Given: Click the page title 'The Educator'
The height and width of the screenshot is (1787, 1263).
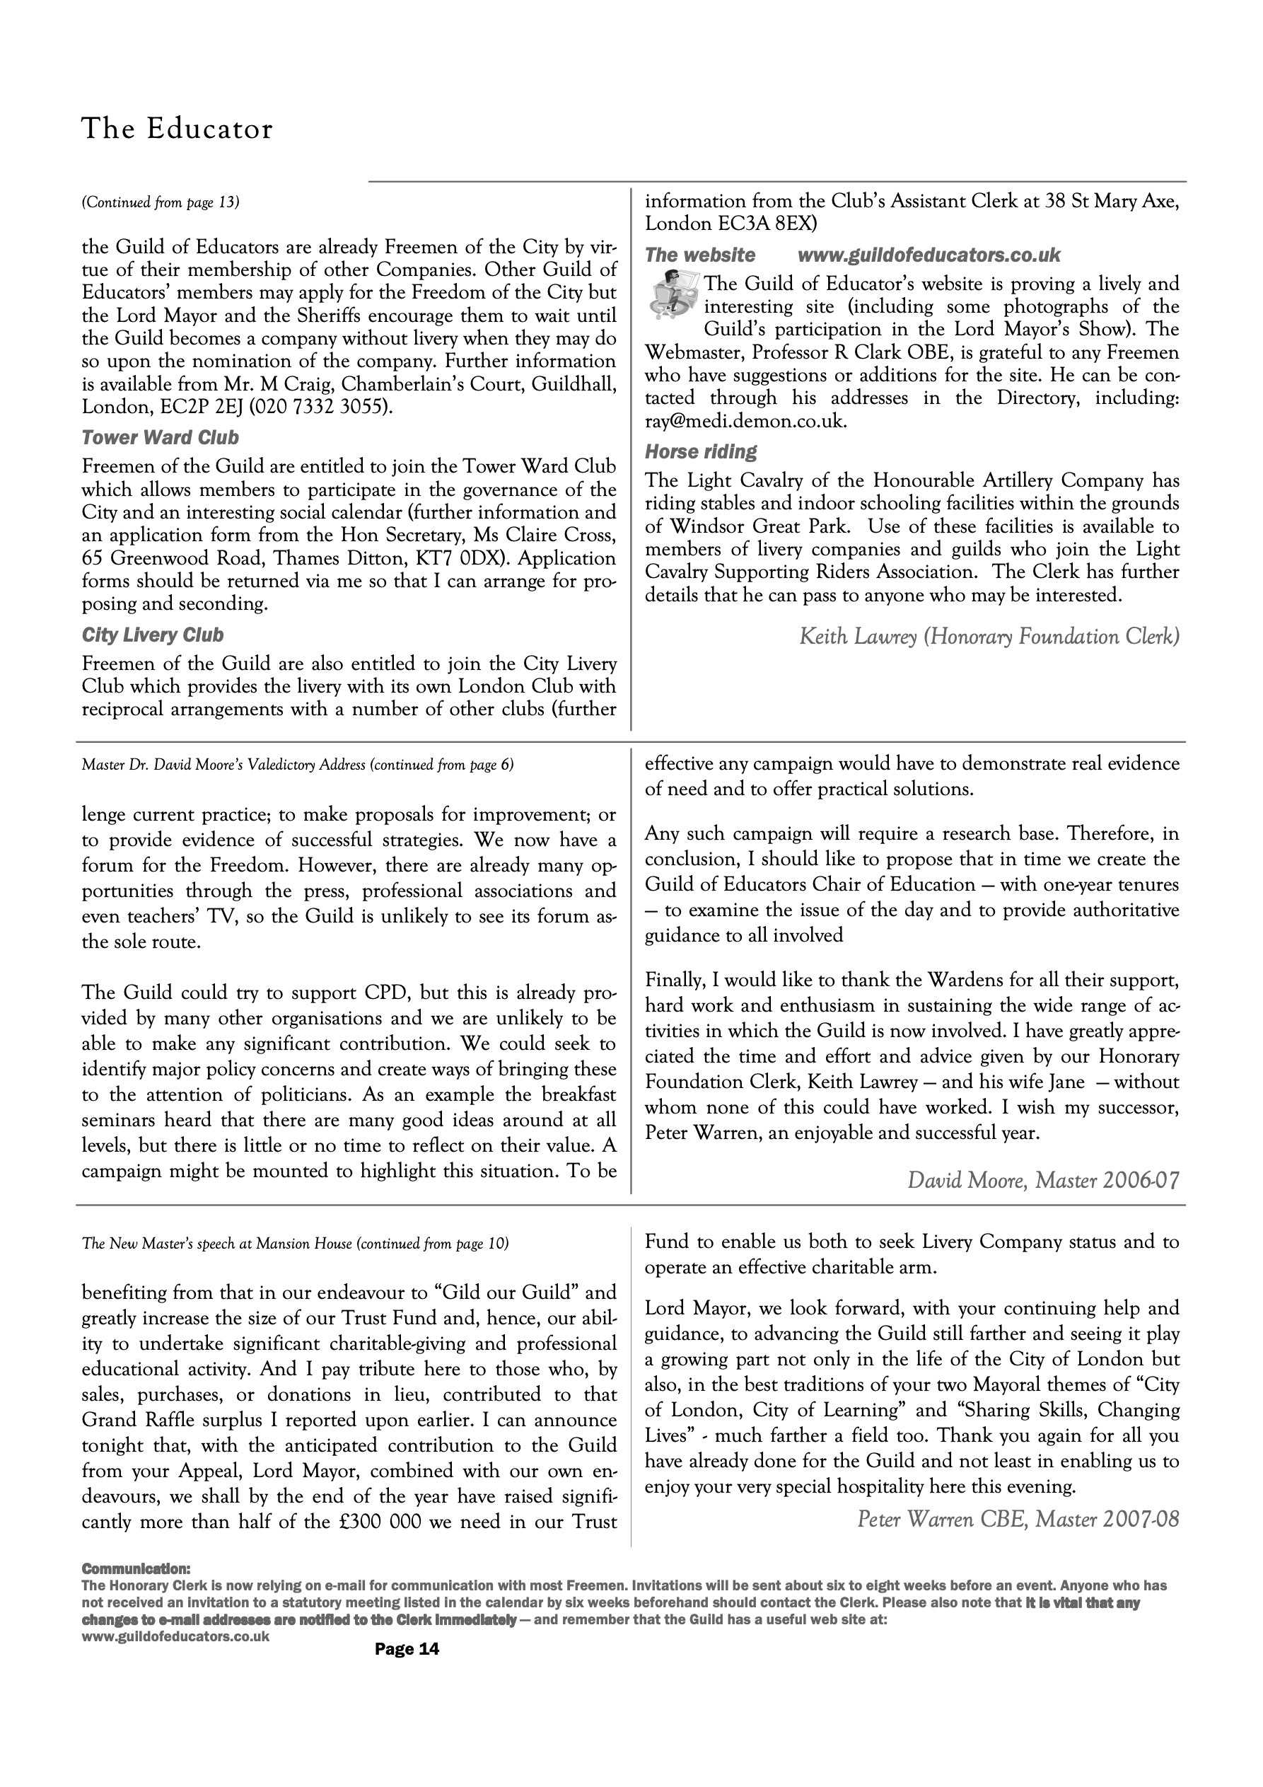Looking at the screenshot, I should coord(177,129).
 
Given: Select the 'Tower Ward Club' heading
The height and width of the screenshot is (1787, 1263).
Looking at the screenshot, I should coord(161,437).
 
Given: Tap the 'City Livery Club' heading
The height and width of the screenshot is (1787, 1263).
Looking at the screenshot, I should coord(153,635).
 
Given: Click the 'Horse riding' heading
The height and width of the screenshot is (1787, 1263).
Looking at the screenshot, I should coord(700,451).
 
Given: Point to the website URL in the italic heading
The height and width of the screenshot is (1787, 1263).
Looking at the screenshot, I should coord(929,255).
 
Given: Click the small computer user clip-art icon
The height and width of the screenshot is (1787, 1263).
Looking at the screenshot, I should coord(673,294).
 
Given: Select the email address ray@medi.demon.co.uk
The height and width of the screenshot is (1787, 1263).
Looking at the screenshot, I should coord(745,422).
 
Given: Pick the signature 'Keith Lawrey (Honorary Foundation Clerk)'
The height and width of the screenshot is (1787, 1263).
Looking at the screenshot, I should coord(989,637).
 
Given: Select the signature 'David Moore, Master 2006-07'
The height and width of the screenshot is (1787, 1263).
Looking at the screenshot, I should coord(1043,1181).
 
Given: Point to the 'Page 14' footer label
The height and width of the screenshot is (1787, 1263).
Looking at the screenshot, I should coord(407,1648).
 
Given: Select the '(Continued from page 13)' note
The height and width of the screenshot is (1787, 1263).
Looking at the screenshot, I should coord(161,202).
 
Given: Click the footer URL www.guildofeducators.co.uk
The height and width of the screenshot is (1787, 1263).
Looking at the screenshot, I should coord(176,1636).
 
